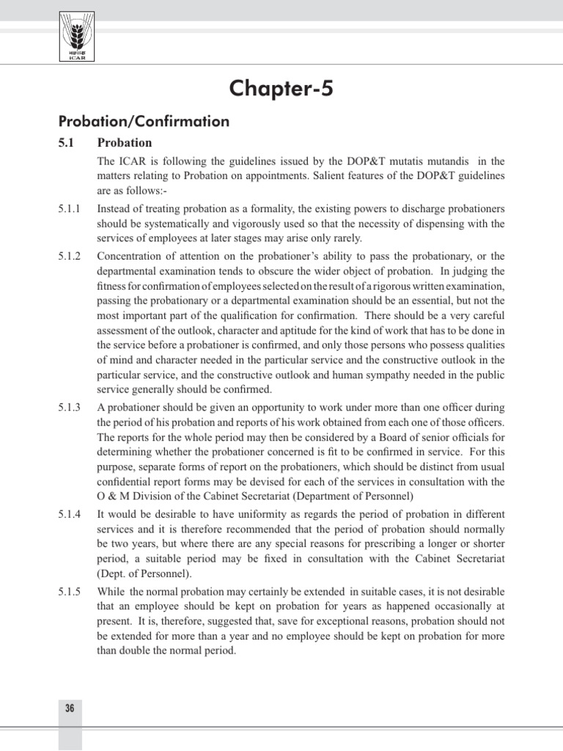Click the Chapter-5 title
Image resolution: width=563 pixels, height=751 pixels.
(x=281, y=89)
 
